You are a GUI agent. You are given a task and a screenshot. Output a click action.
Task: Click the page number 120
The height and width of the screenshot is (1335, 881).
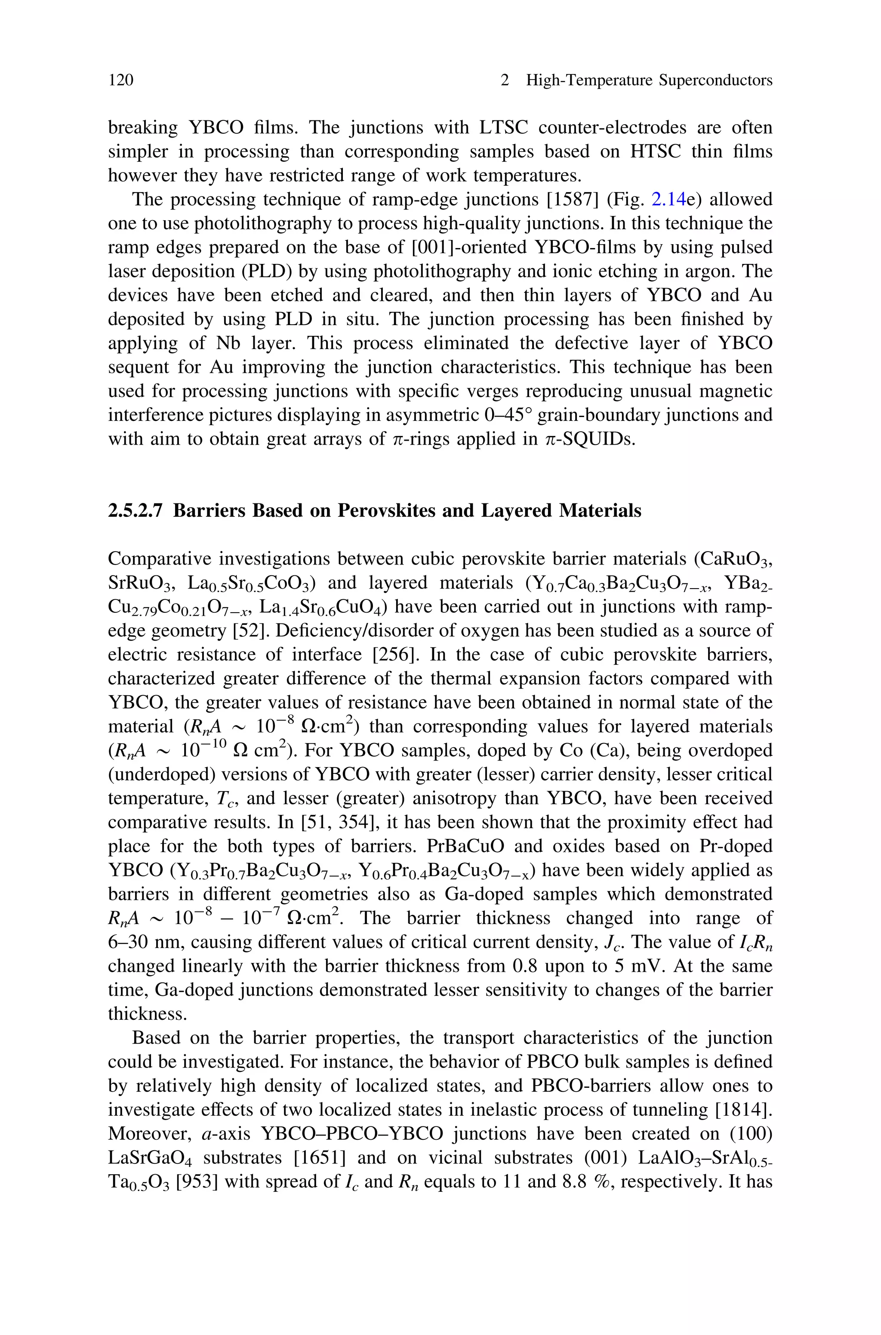(121, 80)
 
